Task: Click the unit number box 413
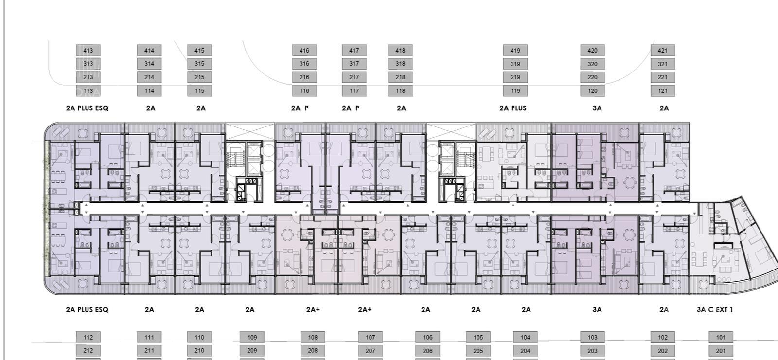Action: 88,51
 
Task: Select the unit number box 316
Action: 304,64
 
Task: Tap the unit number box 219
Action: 515,77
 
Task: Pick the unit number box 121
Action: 663,90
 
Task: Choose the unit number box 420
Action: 593,51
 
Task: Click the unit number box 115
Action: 199,90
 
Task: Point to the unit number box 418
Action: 401,51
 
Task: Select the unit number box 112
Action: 88,337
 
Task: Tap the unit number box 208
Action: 313,351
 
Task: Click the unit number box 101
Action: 721,337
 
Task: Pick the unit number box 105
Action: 478,337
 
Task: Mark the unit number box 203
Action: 593,351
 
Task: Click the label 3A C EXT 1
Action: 715,309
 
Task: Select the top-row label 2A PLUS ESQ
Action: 87,108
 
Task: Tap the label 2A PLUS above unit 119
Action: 513,108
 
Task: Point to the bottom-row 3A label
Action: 597,309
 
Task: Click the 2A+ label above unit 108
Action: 313,309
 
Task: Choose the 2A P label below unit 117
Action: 351,108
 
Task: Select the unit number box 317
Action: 354,64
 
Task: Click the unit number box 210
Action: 199,351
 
